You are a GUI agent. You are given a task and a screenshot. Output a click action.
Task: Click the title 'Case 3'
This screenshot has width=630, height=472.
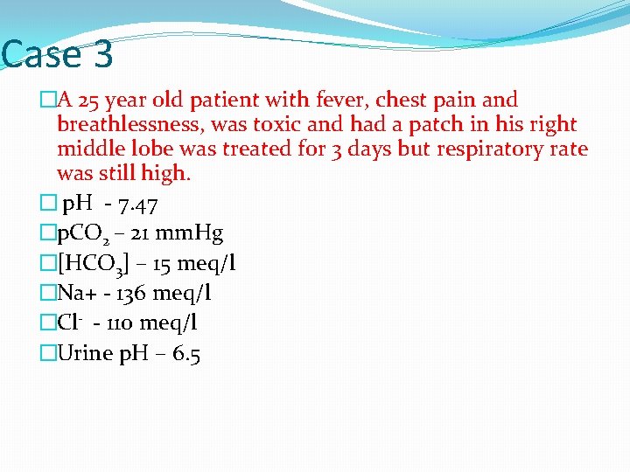(x=57, y=55)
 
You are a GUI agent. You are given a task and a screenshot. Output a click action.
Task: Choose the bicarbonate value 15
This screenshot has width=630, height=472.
(x=158, y=264)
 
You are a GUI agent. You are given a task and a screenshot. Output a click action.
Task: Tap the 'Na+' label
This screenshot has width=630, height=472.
(x=78, y=294)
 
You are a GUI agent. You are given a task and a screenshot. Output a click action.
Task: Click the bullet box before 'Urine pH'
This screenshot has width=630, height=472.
(x=47, y=353)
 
